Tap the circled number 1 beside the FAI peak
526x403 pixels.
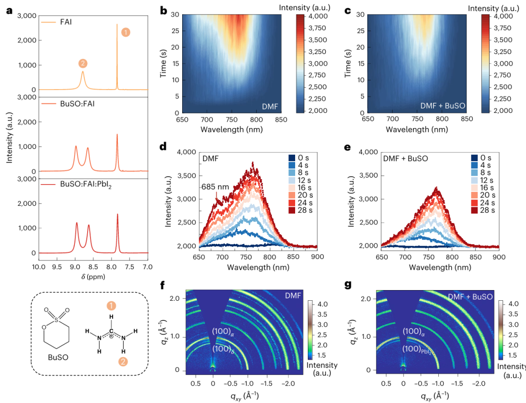[126, 33]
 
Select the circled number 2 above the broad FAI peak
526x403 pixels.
[83, 63]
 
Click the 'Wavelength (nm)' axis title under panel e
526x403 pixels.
[440, 268]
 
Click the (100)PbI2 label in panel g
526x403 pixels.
[417, 349]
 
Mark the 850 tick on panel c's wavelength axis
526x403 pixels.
[466, 119]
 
